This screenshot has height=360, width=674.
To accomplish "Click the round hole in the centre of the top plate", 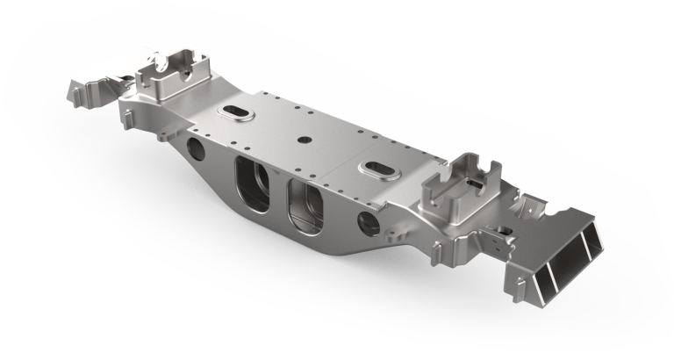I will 303,138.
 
